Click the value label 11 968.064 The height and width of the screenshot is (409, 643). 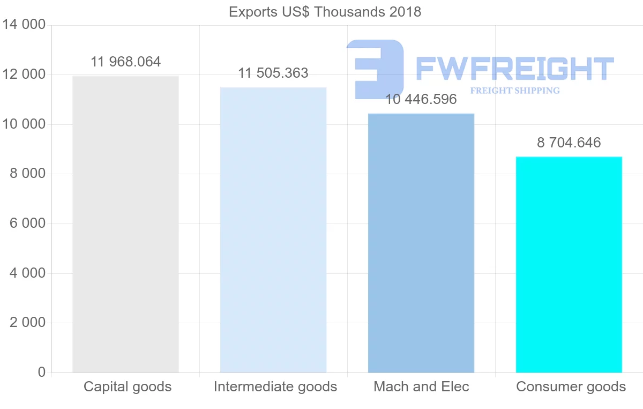point(125,62)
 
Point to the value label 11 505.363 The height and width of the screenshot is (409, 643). point(273,73)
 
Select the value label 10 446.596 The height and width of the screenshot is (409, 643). point(421,99)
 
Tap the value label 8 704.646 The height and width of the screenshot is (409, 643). point(569,143)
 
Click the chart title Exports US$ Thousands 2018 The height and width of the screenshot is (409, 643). point(325,12)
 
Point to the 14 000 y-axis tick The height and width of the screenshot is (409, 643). point(24,25)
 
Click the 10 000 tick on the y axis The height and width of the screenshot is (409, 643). point(24,124)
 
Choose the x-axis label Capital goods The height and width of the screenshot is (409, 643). point(128,387)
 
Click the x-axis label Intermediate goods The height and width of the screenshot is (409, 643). point(275,387)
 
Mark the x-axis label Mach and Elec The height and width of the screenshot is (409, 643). point(421,387)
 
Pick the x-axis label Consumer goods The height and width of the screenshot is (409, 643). point(571,387)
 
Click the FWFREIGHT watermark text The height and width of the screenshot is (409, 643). point(514,69)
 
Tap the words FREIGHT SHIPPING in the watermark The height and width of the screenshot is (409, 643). point(515,91)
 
